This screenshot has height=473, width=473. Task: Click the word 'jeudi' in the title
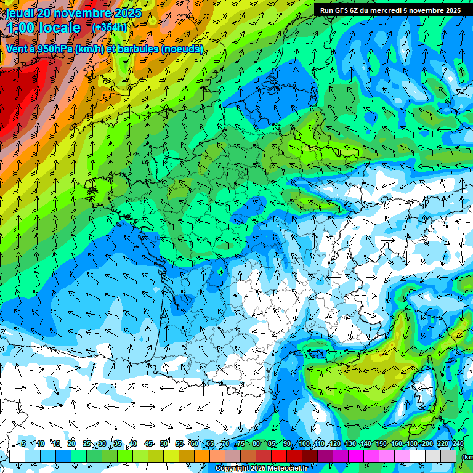(20, 13)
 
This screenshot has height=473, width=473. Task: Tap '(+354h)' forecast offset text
(109, 28)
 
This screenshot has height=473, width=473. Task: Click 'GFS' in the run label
(344, 10)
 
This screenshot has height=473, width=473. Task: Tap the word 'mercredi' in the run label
(387, 10)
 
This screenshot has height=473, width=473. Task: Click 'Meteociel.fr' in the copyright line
(288, 469)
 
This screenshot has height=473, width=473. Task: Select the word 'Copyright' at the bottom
(231, 469)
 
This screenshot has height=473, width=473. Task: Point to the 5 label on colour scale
(23, 443)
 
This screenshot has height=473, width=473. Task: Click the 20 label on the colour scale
(71, 443)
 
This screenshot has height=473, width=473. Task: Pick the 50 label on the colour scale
(164, 443)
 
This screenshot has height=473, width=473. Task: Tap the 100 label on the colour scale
(304, 443)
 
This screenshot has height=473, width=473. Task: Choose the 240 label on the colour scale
(458, 443)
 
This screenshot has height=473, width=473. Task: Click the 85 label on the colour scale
(272, 443)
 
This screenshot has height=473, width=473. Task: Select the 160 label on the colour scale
(396, 443)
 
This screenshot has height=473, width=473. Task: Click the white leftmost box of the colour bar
(17, 456)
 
